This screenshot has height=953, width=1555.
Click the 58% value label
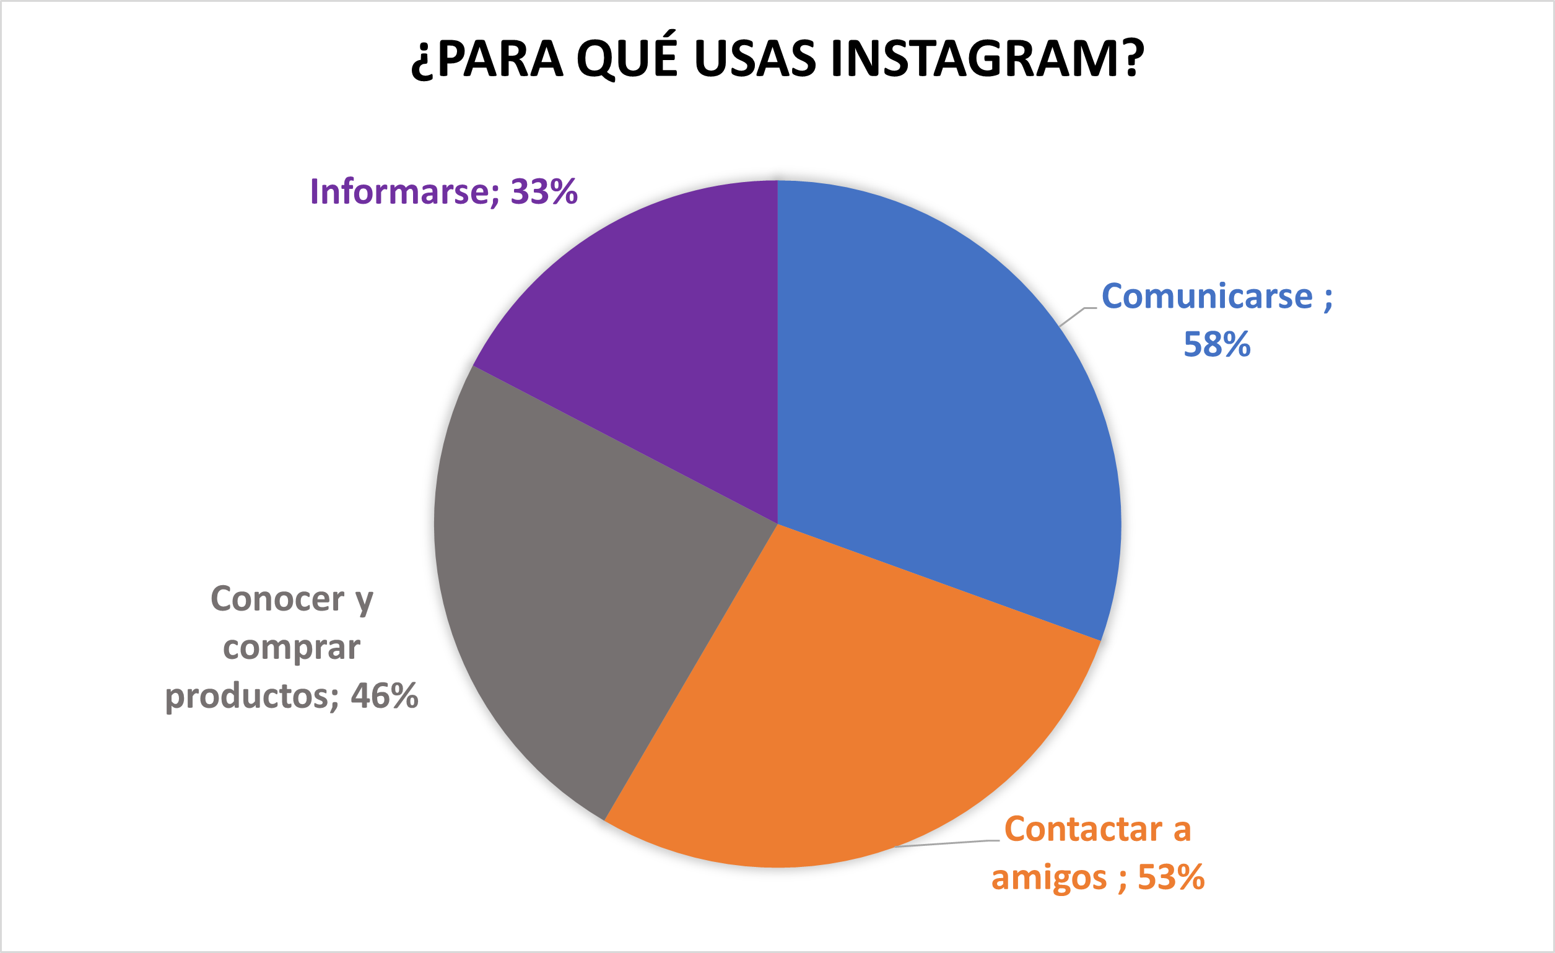[x=1217, y=344]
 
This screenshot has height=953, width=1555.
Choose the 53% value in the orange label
[x=1171, y=878]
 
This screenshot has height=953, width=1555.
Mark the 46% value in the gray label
[x=385, y=696]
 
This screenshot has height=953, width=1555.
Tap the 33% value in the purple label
[x=544, y=192]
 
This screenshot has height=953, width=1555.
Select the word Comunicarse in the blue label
[x=1206, y=296]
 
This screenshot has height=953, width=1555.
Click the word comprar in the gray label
[x=292, y=648]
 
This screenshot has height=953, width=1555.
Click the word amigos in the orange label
[x=1049, y=878]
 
